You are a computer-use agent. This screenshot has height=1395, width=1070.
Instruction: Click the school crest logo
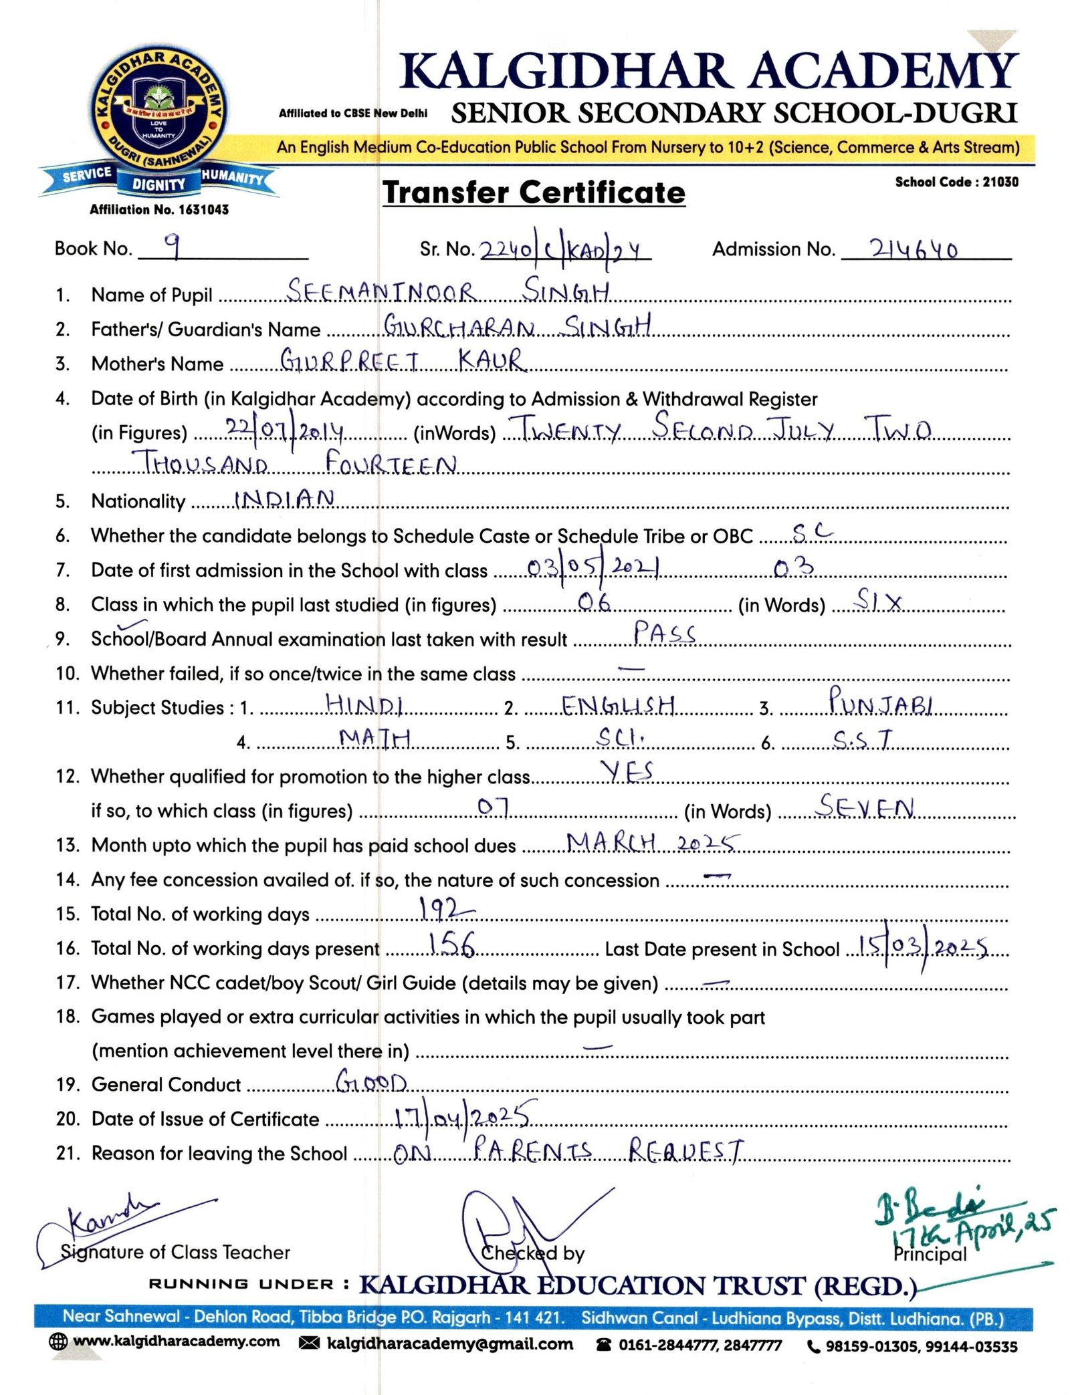[158, 113]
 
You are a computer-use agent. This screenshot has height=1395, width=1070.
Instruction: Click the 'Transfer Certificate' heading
[534, 193]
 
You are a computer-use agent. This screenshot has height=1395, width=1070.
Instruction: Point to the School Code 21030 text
[956, 182]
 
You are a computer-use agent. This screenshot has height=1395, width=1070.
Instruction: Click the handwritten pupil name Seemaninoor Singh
[448, 291]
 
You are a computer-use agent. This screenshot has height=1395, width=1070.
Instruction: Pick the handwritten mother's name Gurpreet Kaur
[403, 360]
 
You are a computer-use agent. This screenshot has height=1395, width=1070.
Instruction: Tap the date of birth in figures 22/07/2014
[284, 430]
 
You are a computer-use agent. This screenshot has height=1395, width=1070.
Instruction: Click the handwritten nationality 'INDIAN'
[284, 499]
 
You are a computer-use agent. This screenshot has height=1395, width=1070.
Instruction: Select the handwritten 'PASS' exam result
[664, 632]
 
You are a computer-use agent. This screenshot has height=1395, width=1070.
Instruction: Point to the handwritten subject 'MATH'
[374, 738]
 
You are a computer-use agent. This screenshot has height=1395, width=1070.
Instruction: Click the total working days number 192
[445, 910]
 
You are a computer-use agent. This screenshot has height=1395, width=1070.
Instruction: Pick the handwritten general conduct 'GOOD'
[371, 1081]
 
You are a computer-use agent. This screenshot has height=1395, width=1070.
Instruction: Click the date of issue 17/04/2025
[463, 1116]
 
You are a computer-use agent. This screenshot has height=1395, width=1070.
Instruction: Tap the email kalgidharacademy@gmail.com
[449, 1344]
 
